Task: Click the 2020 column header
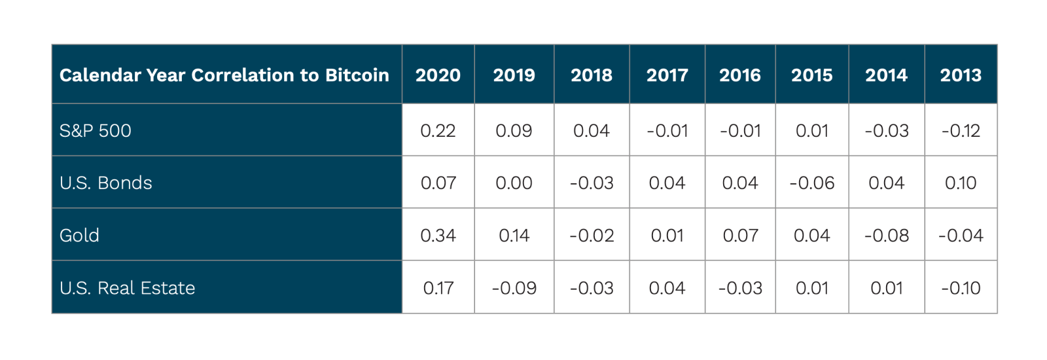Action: pos(438,75)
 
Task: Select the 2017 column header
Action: pos(667,75)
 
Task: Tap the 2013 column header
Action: pos(961,75)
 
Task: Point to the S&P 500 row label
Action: pos(96,131)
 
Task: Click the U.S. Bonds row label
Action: pos(105,183)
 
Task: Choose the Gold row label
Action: pos(79,235)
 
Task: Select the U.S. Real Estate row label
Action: pos(127,288)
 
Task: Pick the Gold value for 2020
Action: pos(438,235)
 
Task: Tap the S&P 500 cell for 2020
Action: pos(438,131)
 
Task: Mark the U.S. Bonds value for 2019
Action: pos(514,183)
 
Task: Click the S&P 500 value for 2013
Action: pos(961,131)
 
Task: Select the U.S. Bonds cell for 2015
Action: pos(811,183)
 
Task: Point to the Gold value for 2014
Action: pos(886,235)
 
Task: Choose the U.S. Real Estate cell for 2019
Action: pos(514,288)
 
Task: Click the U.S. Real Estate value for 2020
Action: pos(438,288)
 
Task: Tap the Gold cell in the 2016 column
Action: pos(740,235)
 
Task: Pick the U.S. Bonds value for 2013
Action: pos(961,183)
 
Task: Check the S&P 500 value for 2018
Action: pos(591,131)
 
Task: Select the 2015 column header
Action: pos(811,75)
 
